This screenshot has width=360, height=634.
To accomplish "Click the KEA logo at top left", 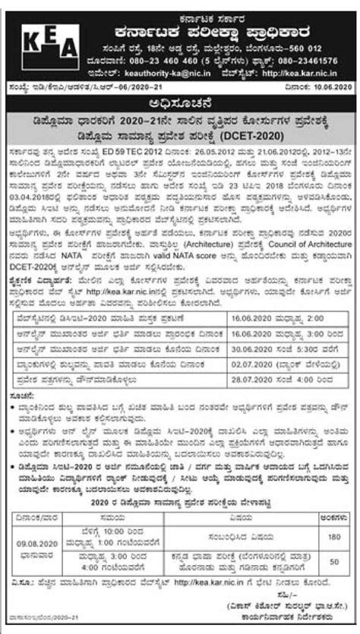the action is [35, 37].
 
